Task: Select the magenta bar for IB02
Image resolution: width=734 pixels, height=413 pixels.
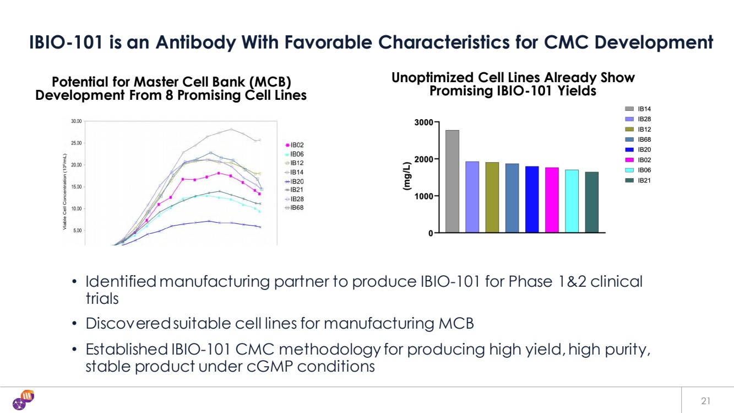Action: tap(552, 200)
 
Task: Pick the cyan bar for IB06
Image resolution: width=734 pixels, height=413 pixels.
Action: tap(572, 201)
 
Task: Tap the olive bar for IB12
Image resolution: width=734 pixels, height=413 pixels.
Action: tap(492, 197)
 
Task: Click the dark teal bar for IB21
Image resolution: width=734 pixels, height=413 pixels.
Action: tap(592, 202)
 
